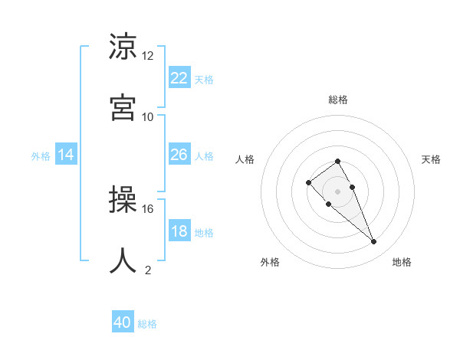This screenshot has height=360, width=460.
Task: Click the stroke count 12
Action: (x=148, y=56)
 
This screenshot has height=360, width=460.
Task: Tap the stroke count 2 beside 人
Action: (x=148, y=270)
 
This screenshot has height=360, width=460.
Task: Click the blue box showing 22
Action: (x=179, y=77)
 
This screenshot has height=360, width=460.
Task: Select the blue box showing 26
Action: (x=179, y=155)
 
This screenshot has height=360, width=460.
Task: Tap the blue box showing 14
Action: (x=66, y=155)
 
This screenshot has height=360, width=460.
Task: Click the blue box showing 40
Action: (x=123, y=322)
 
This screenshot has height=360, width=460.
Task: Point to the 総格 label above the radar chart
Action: (x=338, y=100)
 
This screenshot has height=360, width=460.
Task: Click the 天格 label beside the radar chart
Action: (x=431, y=159)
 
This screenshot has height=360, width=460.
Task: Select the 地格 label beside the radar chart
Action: (x=402, y=262)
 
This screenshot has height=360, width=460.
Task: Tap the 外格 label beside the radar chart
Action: (x=270, y=262)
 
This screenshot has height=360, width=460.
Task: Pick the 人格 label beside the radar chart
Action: (x=245, y=159)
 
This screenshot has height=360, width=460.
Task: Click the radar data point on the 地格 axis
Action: (x=374, y=242)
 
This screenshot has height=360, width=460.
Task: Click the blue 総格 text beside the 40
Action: (x=147, y=324)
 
